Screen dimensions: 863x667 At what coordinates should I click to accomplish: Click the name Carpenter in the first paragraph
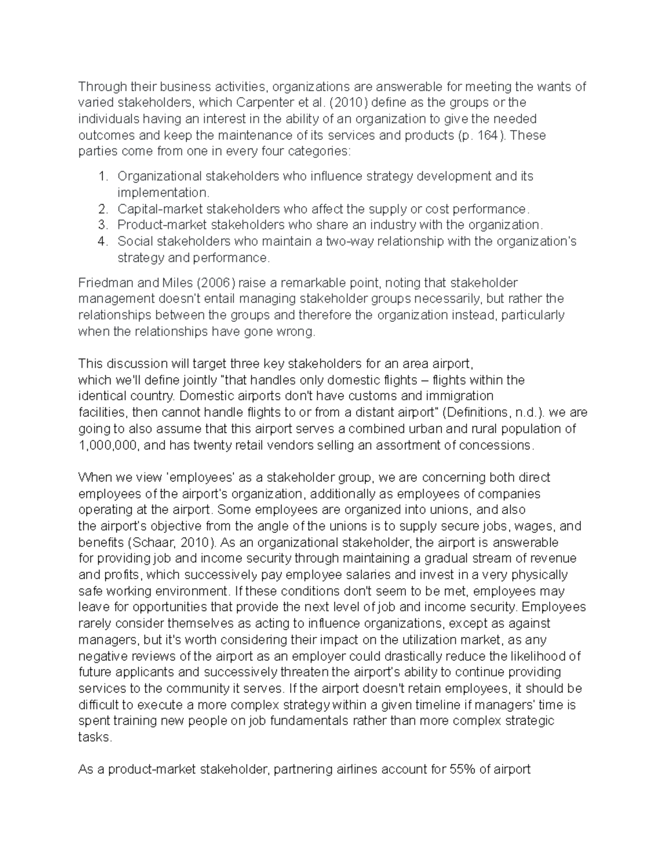265,103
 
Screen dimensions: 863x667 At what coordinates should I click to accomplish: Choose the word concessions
499,446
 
